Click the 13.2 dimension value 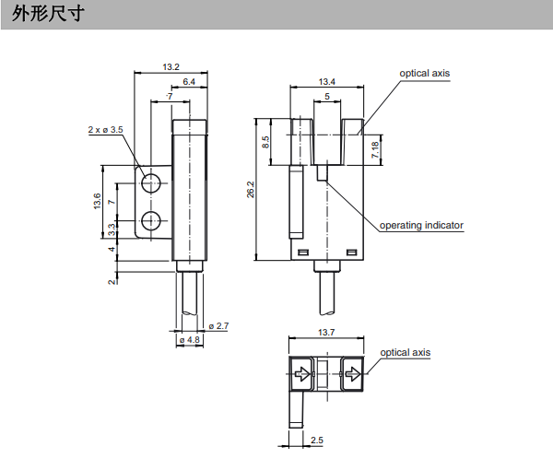tap(171, 67)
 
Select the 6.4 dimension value tap(188, 83)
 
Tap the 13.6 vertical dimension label tap(98, 201)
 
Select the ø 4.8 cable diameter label tap(191, 340)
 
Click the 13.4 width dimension tap(327, 83)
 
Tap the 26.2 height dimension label tap(250, 190)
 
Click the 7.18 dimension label tap(375, 149)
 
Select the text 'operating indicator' tap(422, 225)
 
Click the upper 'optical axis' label tap(425, 73)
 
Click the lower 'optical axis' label tap(406, 352)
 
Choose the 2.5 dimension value tap(317, 441)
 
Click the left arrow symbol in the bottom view tap(300, 375)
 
